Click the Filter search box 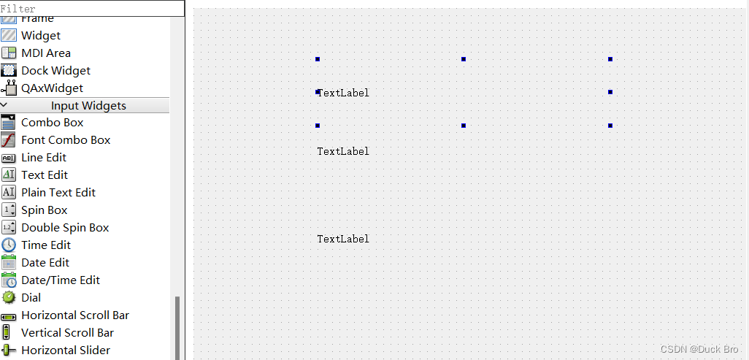click(92, 9)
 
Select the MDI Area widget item click(45, 53)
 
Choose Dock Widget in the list click(55, 70)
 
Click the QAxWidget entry click(52, 88)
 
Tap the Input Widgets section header click(88, 105)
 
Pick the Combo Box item click(52, 122)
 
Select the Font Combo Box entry click(66, 139)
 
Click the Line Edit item click(44, 157)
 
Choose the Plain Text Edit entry click(58, 192)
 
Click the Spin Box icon click(9, 210)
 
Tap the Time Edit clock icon click(9, 245)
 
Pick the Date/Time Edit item click(61, 280)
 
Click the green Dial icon click(9, 297)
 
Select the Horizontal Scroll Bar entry click(74, 315)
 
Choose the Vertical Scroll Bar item click(67, 332)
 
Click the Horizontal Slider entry click(66, 350)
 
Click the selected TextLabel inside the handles click(343, 93)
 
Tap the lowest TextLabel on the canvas click(343, 239)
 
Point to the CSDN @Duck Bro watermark click(699, 349)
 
